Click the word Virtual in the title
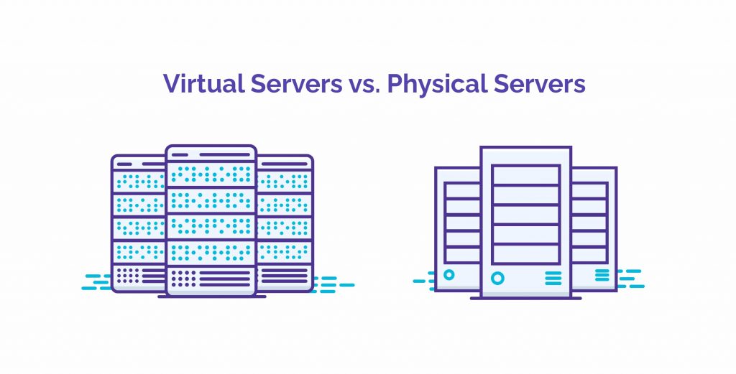point(203,83)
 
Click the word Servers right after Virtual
point(296,84)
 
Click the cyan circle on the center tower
point(497,279)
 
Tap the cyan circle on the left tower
point(448,275)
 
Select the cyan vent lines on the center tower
point(553,278)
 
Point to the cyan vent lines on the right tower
point(602,275)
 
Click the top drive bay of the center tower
point(525,175)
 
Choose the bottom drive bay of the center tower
point(525,253)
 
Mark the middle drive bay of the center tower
point(525,215)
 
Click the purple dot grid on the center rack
point(183,279)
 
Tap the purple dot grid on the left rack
point(128,276)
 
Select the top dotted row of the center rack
point(211,175)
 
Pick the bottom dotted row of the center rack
point(211,253)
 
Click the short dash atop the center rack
point(180,154)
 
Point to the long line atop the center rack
point(225,154)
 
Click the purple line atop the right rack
point(284,164)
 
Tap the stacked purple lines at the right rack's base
point(284,276)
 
